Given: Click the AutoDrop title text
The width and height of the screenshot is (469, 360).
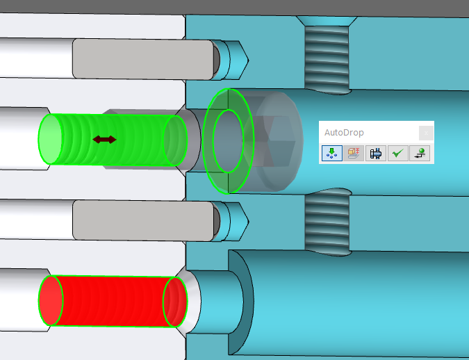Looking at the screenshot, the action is coord(344,133).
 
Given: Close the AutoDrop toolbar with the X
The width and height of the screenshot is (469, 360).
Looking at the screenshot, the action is coord(426,133).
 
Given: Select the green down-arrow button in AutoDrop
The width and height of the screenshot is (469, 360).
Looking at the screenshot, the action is coord(332,153).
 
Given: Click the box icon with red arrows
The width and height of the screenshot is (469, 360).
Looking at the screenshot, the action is coord(354,153).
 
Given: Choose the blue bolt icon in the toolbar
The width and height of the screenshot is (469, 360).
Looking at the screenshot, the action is coord(376,153).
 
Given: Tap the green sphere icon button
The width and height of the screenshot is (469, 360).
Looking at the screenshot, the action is coord(420,153).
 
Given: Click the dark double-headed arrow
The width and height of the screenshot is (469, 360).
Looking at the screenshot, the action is coord(104,140).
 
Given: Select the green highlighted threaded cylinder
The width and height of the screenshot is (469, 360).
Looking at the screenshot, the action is coord(113,140).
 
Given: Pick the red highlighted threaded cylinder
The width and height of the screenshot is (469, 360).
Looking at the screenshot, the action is coord(113,301).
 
